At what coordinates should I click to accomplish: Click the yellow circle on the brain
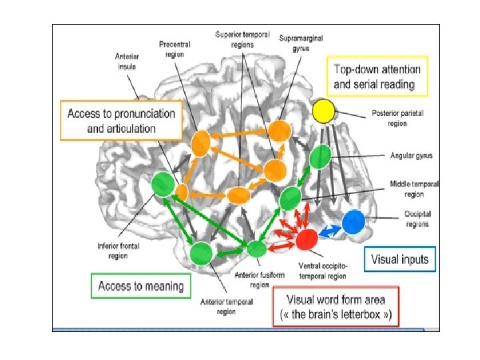[x=323, y=111]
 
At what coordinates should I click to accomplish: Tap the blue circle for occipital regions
[x=354, y=221]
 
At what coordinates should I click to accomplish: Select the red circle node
[x=307, y=239]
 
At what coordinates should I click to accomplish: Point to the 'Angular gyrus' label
[x=411, y=156]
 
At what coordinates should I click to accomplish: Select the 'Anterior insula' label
[x=127, y=61]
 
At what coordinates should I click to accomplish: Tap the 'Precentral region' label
[x=175, y=49]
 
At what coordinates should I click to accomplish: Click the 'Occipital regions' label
[x=417, y=219]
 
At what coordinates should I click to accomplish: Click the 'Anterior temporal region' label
[x=226, y=306]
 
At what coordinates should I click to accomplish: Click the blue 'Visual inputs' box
[x=399, y=259]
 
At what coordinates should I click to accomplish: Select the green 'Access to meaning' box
[x=141, y=286]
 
